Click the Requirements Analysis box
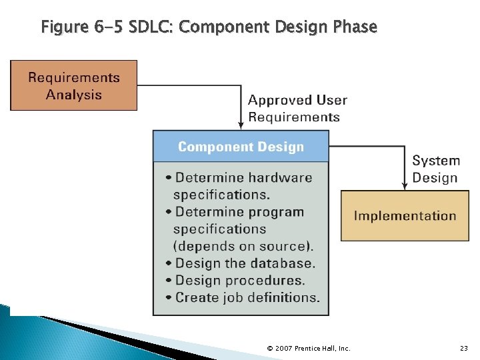point(73,85)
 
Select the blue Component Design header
point(241,147)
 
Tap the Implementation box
point(405,215)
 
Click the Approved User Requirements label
point(297,109)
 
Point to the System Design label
point(435,169)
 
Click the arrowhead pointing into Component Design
point(241,125)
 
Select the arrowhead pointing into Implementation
point(405,185)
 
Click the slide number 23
point(464,348)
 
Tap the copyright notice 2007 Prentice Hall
point(308,348)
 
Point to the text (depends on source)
point(243,245)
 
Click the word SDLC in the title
point(153,27)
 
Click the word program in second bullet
point(275,212)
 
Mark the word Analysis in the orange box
point(73,95)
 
